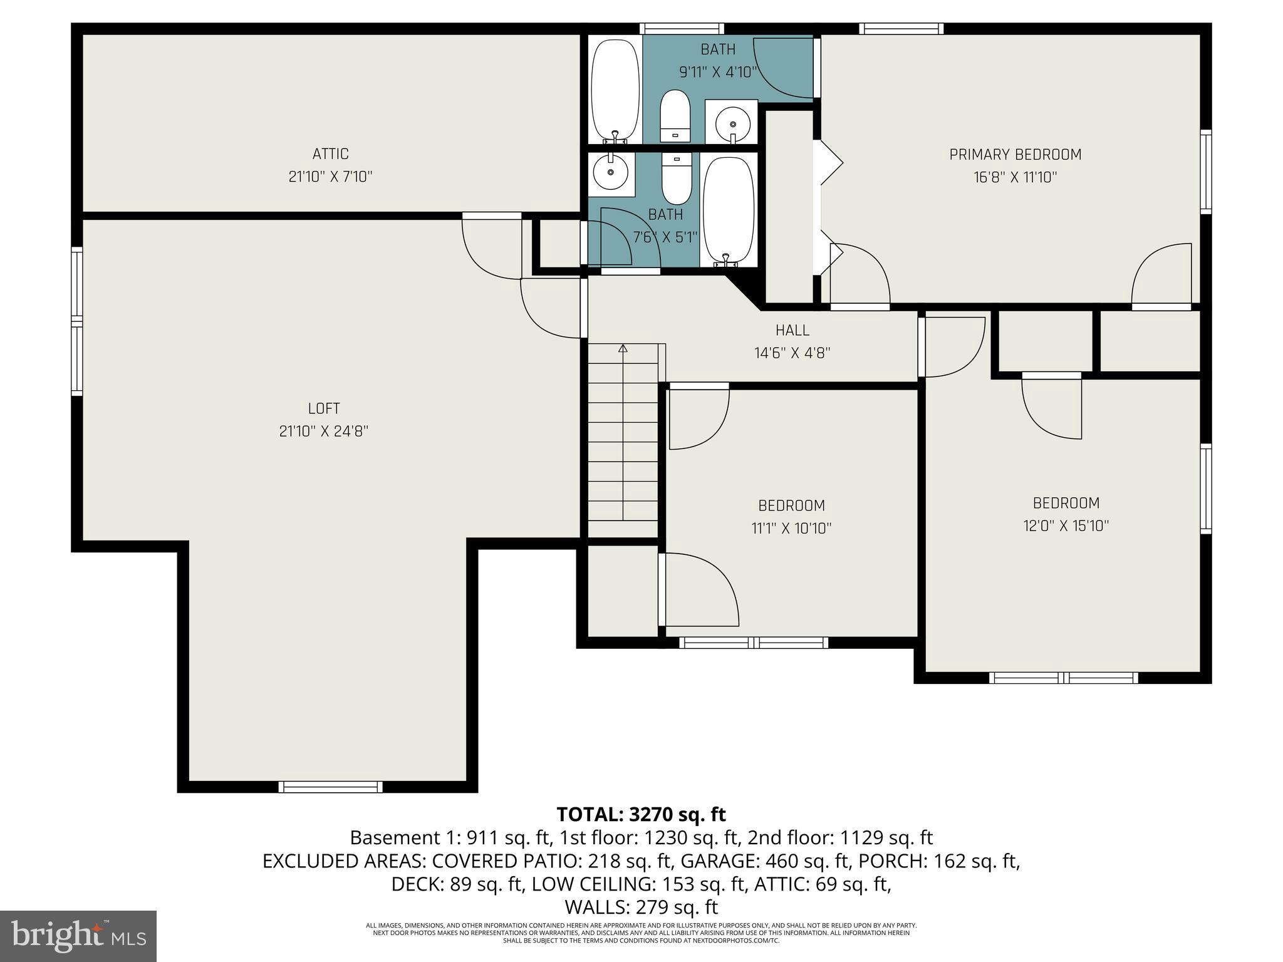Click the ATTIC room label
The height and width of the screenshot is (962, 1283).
coord(330,154)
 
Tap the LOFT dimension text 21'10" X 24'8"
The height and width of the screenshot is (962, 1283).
coord(323,432)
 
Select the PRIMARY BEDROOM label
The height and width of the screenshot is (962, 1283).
coord(1015,155)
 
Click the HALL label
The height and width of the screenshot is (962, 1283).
coord(792,330)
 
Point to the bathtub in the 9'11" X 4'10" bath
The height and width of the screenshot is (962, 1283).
coord(615,91)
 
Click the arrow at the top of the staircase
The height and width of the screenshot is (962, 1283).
coord(622,348)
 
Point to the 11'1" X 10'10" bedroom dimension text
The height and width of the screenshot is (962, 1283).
coord(791,529)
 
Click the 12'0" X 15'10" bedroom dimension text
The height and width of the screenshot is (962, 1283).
coord(1066,526)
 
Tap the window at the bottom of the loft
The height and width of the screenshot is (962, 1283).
coord(330,787)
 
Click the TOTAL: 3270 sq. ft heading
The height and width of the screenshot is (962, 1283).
coord(641,815)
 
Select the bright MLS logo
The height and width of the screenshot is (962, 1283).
coord(78,936)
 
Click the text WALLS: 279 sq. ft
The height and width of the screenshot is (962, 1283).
coord(641,908)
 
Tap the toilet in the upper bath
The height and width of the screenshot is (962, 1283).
coord(675,116)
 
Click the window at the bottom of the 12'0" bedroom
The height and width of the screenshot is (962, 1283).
coord(1063,678)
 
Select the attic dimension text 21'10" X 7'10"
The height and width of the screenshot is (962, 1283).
coord(330,177)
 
